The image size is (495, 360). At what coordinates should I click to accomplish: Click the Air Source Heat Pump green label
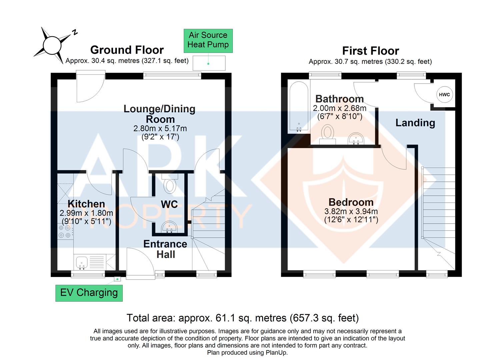pyautogui.click(x=208, y=40)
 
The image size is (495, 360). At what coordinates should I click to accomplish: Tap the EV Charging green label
pyautogui.click(x=89, y=293)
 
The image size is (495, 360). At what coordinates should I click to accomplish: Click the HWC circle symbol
pyautogui.click(x=444, y=95)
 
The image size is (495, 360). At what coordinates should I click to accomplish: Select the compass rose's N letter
pyautogui.click(x=75, y=32)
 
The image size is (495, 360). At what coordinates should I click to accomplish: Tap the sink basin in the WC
pyautogui.click(x=170, y=228)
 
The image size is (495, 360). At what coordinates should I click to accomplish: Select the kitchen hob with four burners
pyautogui.click(x=65, y=231)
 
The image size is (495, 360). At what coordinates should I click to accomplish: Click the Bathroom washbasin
pyautogui.click(x=356, y=138)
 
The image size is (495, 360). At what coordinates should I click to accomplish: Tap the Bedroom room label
pyautogui.click(x=351, y=202)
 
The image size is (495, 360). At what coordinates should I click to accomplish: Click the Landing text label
pyautogui.click(x=415, y=123)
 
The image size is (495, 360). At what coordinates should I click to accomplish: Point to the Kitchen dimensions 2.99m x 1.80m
pyautogui.click(x=86, y=213)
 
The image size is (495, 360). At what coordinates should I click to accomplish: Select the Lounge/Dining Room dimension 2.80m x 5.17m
pyautogui.click(x=160, y=128)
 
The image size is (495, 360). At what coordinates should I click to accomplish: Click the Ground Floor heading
pyautogui.click(x=127, y=50)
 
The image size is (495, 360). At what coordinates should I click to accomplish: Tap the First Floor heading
pyautogui.click(x=370, y=51)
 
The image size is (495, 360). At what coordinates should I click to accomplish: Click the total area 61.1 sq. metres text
pyautogui.click(x=242, y=318)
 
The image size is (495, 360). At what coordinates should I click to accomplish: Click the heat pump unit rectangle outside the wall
pyautogui.click(x=209, y=63)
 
